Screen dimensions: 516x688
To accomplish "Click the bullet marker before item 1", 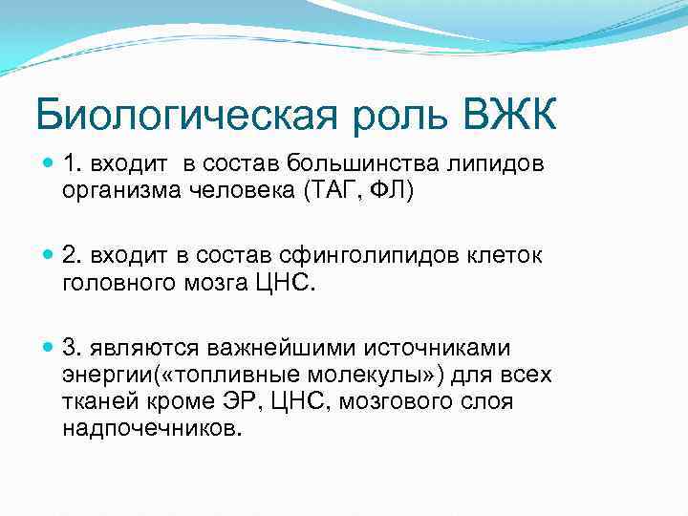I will [x=48, y=164].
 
